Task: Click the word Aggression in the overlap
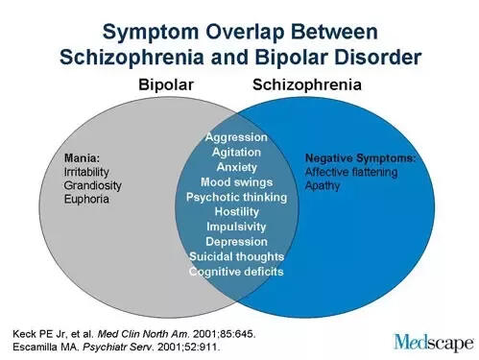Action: [236, 137]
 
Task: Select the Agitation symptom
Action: [236, 152]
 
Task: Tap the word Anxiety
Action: [236, 166]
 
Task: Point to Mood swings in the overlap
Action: [236, 181]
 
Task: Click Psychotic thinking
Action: [236, 197]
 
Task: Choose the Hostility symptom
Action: [236, 211]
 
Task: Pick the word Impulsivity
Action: [236, 227]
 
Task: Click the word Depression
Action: [236, 241]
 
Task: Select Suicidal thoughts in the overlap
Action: [236, 256]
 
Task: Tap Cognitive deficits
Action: [236, 272]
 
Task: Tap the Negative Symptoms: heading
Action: [360, 156]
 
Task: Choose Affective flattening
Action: [352, 170]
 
